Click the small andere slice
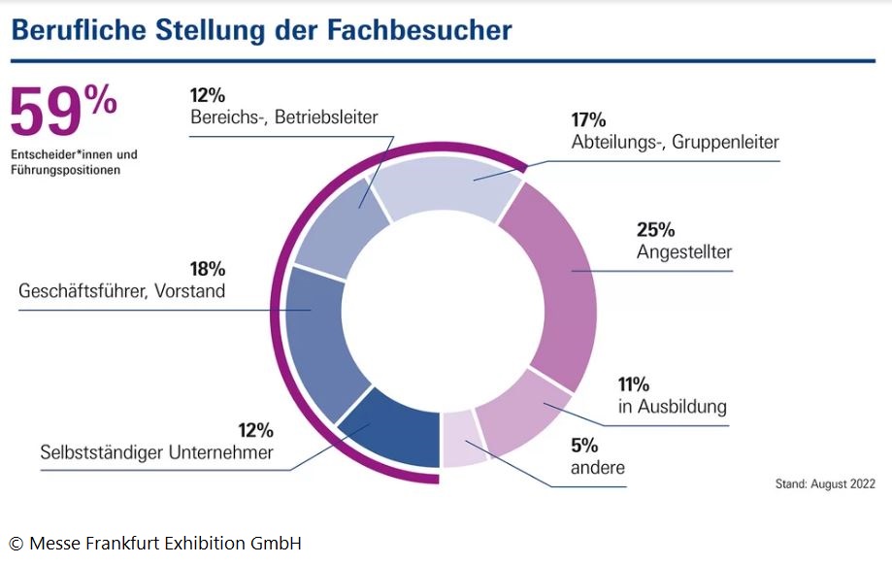(x=463, y=439)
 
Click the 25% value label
(x=656, y=230)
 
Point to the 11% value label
(x=636, y=383)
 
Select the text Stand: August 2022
(x=825, y=482)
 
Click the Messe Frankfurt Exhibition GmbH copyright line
(x=155, y=543)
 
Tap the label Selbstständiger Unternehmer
(x=156, y=452)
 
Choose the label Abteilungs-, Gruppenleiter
(x=676, y=143)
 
